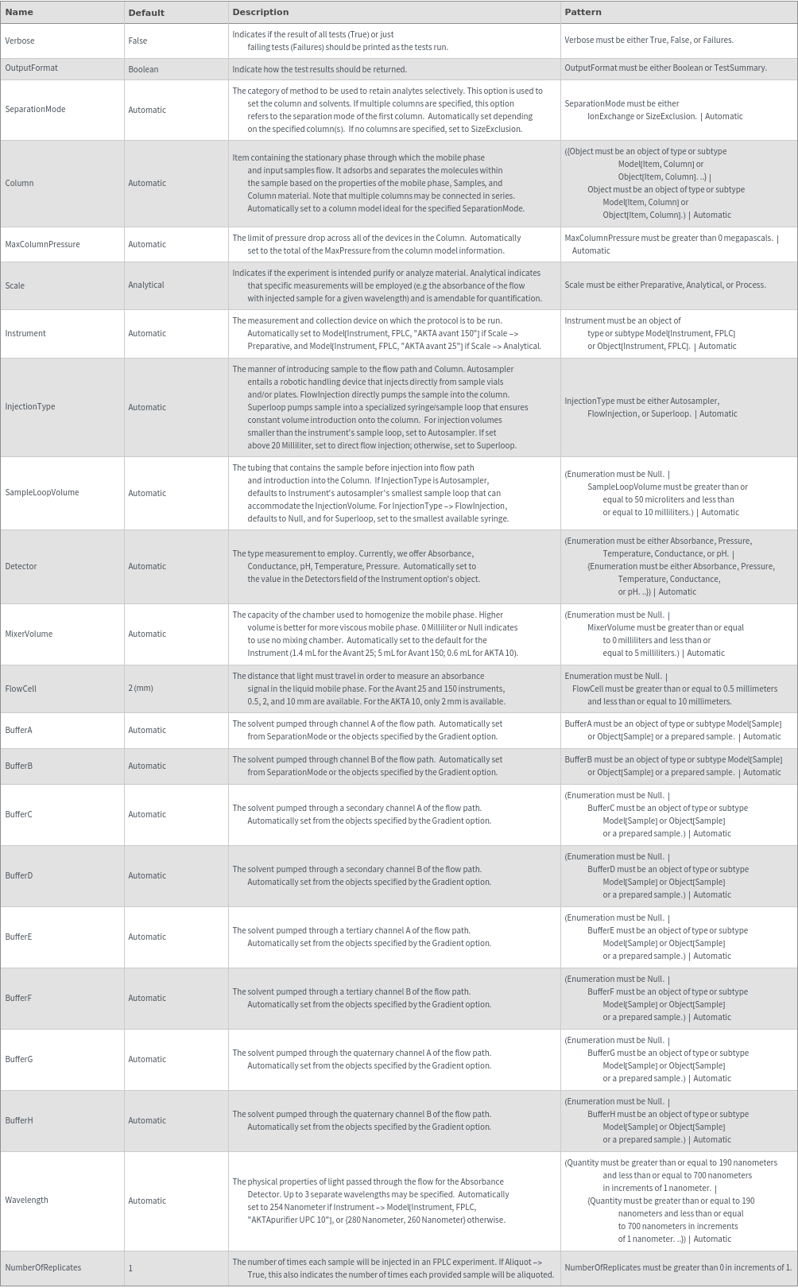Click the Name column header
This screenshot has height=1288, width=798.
pos(19,12)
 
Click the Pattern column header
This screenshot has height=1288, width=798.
pos(583,12)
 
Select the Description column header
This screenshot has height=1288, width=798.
pos(260,12)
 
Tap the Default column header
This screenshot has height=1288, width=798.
pos(146,13)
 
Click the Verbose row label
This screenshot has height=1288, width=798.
pos(20,41)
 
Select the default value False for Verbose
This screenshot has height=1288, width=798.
pos(138,41)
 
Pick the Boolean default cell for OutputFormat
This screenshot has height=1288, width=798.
pos(143,69)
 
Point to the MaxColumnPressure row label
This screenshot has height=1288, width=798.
pos(42,244)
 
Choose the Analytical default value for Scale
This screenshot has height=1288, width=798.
pos(146,285)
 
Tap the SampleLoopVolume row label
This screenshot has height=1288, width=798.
pos(42,493)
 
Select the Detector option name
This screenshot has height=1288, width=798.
pos(21,567)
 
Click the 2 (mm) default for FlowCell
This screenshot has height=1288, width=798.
pos(141,689)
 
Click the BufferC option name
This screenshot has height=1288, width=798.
pos(19,815)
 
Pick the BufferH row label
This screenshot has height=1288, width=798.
pos(19,1121)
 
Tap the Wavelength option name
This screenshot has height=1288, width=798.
pos(26,1201)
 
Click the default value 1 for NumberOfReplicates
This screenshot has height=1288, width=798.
pos(131,1268)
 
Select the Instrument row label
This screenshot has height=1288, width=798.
pos(25,334)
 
